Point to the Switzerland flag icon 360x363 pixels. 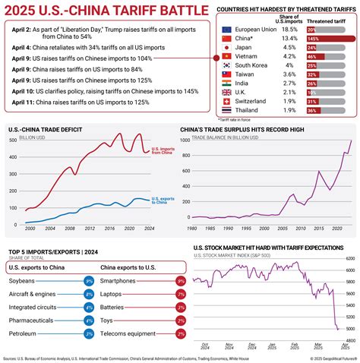click(x=226, y=99)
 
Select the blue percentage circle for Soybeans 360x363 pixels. click(x=88, y=282)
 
